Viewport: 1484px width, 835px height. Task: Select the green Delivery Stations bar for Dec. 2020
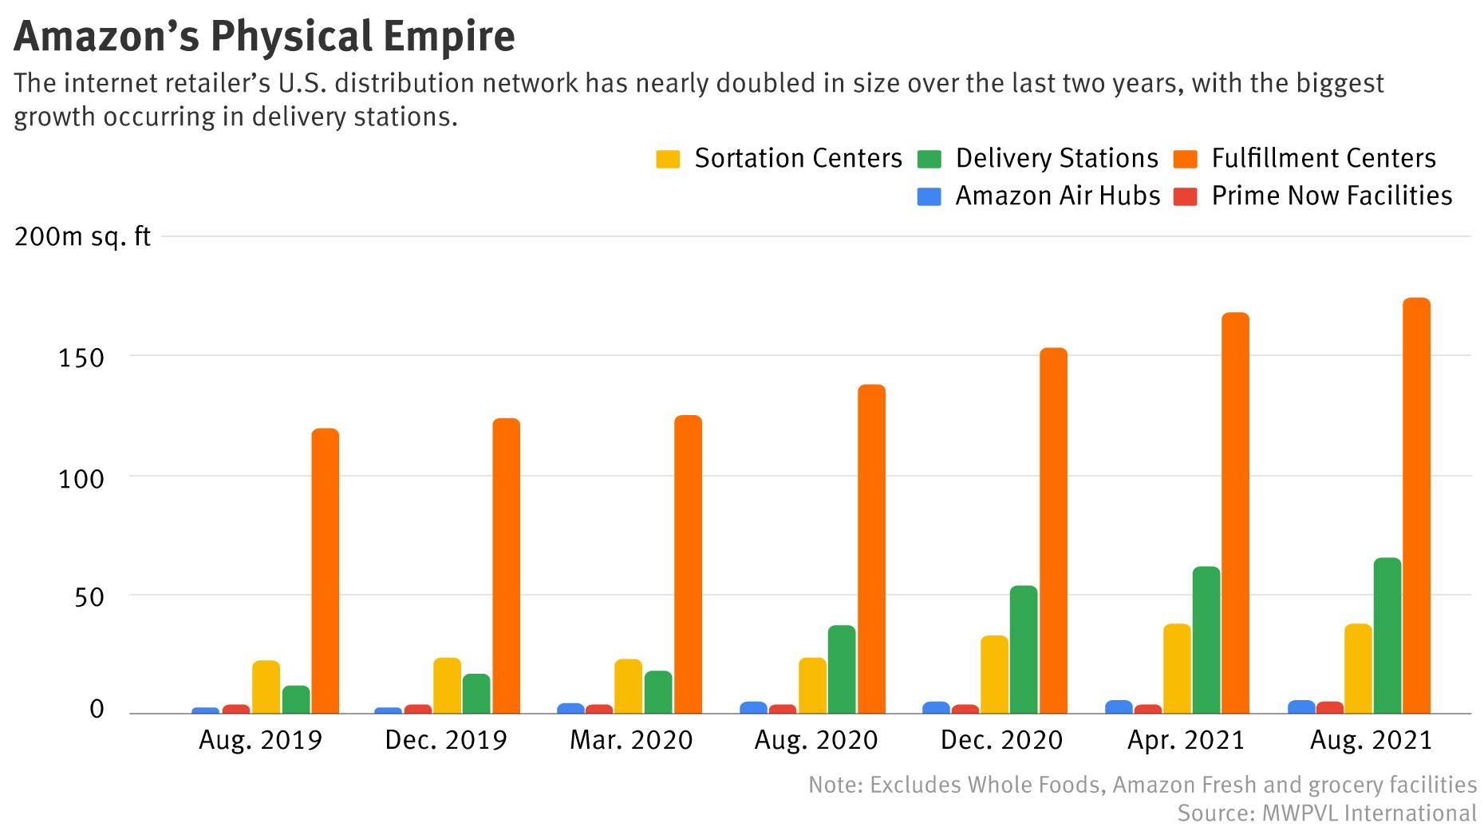point(1024,650)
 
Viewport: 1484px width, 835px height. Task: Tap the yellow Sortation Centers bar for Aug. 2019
point(266,687)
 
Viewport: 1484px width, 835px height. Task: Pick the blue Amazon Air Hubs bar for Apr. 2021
point(1119,707)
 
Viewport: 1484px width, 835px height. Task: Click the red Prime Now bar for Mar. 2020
point(599,709)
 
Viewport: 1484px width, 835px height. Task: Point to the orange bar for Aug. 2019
point(325,572)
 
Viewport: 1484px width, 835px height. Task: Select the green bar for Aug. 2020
point(842,670)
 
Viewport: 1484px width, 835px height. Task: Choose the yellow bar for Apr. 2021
point(1177,669)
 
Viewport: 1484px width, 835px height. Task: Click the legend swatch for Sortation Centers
point(668,159)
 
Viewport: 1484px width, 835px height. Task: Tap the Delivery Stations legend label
point(1056,158)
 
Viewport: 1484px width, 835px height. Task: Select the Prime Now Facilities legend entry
point(1331,196)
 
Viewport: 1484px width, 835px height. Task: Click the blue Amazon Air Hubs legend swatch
point(929,196)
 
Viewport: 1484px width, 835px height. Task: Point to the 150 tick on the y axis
point(81,358)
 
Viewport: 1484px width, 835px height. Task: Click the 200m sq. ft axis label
point(82,237)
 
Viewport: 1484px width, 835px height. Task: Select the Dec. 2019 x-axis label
point(445,740)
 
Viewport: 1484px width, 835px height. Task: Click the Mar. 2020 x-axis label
point(631,740)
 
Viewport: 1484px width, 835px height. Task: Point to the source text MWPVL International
point(1369,813)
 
